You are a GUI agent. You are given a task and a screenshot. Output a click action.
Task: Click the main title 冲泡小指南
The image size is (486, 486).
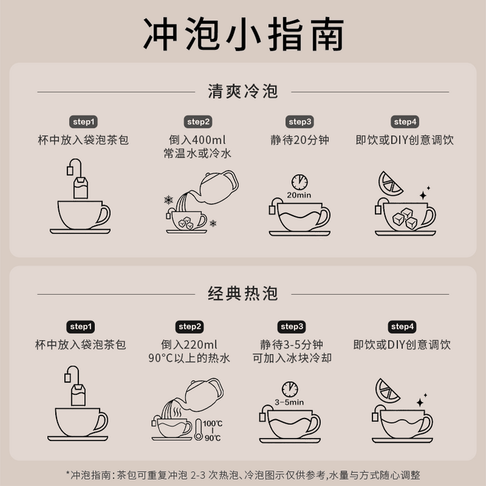click(x=243, y=34)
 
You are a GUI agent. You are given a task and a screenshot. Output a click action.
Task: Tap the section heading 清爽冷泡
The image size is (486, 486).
click(x=243, y=91)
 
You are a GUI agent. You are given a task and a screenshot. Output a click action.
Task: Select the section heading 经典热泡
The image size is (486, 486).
click(x=243, y=293)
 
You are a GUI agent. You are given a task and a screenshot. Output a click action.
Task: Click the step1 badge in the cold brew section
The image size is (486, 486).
click(x=83, y=122)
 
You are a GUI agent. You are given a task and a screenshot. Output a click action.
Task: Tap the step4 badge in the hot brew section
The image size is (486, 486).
click(x=402, y=327)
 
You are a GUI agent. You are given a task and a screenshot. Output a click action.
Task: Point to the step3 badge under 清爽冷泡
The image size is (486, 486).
click(x=300, y=122)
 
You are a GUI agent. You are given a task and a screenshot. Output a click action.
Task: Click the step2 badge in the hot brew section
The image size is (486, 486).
click(x=189, y=327)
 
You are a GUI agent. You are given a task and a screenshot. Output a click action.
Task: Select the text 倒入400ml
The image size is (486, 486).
click(x=197, y=140)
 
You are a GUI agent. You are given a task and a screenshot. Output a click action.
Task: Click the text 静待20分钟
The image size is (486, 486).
click(x=300, y=140)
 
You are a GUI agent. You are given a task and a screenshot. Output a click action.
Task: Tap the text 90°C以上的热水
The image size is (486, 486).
click(x=189, y=358)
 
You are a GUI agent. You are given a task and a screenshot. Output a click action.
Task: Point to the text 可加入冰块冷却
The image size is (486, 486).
click(x=292, y=358)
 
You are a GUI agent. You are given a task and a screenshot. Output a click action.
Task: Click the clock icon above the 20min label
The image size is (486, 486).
click(x=299, y=182)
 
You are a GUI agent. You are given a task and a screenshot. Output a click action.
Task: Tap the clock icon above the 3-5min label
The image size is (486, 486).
click(x=290, y=389)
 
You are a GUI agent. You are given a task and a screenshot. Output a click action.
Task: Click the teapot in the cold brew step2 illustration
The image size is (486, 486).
click(x=217, y=188)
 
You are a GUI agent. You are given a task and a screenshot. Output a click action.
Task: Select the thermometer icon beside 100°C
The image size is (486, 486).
click(x=198, y=430)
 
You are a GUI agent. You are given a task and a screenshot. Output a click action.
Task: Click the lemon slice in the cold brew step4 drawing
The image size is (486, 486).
click(x=389, y=184)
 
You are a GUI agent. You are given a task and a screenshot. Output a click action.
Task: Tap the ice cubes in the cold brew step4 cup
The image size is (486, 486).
click(x=404, y=218)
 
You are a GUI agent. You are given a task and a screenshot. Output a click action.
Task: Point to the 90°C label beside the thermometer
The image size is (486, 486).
click(x=213, y=438)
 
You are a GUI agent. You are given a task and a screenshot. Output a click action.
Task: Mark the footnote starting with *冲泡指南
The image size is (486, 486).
click(x=243, y=475)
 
